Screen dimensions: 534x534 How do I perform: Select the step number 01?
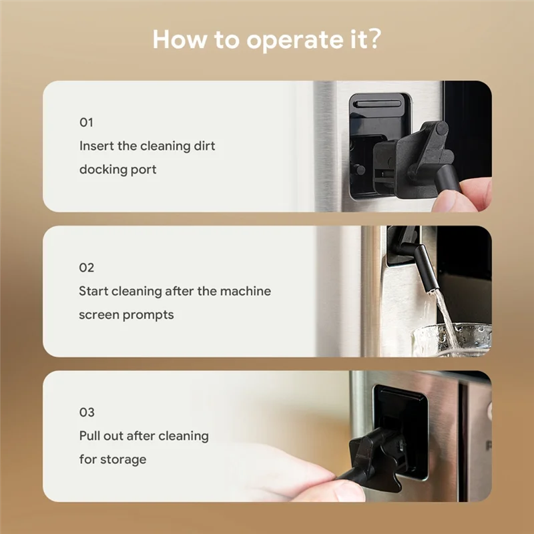(x=86, y=123)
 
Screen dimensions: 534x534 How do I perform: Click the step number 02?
(x=87, y=268)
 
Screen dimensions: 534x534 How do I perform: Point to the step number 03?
(x=87, y=413)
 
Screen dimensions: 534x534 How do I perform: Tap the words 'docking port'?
(x=117, y=170)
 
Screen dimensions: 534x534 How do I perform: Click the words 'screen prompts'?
(x=126, y=314)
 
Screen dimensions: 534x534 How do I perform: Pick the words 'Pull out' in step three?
(x=101, y=436)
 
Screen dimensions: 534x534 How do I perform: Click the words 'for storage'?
(x=112, y=459)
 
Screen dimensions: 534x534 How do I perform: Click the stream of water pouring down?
(x=444, y=317)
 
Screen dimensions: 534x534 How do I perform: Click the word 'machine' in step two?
(x=247, y=291)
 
